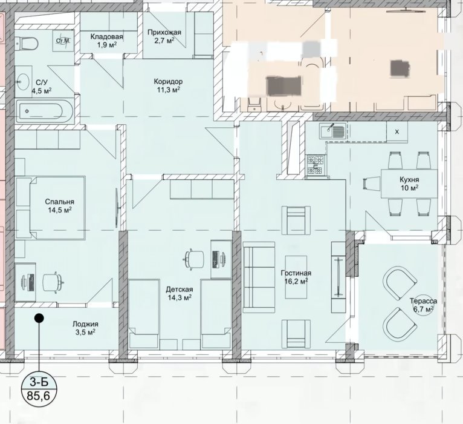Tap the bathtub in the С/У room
click(44, 111)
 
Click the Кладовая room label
click(106, 41)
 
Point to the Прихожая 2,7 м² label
click(164, 36)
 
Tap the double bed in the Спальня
click(57, 208)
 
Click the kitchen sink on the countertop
click(333, 131)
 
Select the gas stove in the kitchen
click(316, 165)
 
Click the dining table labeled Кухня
click(409, 184)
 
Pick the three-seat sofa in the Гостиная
click(259, 277)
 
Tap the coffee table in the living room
click(296, 277)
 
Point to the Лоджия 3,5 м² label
click(85, 328)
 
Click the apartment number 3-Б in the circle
click(39, 383)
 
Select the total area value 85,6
click(39, 396)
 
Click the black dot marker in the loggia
click(39, 318)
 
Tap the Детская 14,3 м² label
click(180, 293)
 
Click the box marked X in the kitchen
click(397, 132)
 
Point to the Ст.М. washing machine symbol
click(63, 41)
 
